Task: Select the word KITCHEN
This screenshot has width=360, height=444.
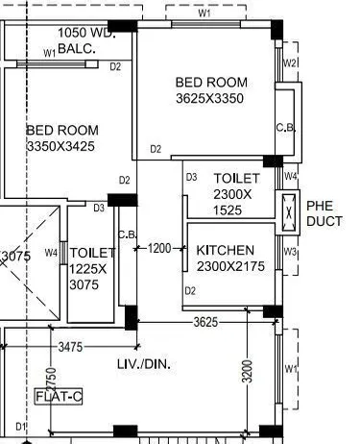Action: [x=226, y=250]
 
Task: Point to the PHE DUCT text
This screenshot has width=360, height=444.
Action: [x=324, y=213]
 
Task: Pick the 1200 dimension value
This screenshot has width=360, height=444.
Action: [x=159, y=249]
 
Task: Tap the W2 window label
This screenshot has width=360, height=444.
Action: [x=291, y=63]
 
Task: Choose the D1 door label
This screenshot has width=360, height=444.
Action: [x=18, y=426]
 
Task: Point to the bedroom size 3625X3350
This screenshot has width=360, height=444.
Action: [x=210, y=99]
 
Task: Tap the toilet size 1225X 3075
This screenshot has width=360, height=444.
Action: [x=92, y=270]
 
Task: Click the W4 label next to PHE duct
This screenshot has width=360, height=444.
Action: [x=291, y=177]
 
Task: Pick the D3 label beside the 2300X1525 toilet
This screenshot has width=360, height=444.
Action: [x=191, y=177]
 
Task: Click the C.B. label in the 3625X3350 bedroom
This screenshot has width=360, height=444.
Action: [x=285, y=128]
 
